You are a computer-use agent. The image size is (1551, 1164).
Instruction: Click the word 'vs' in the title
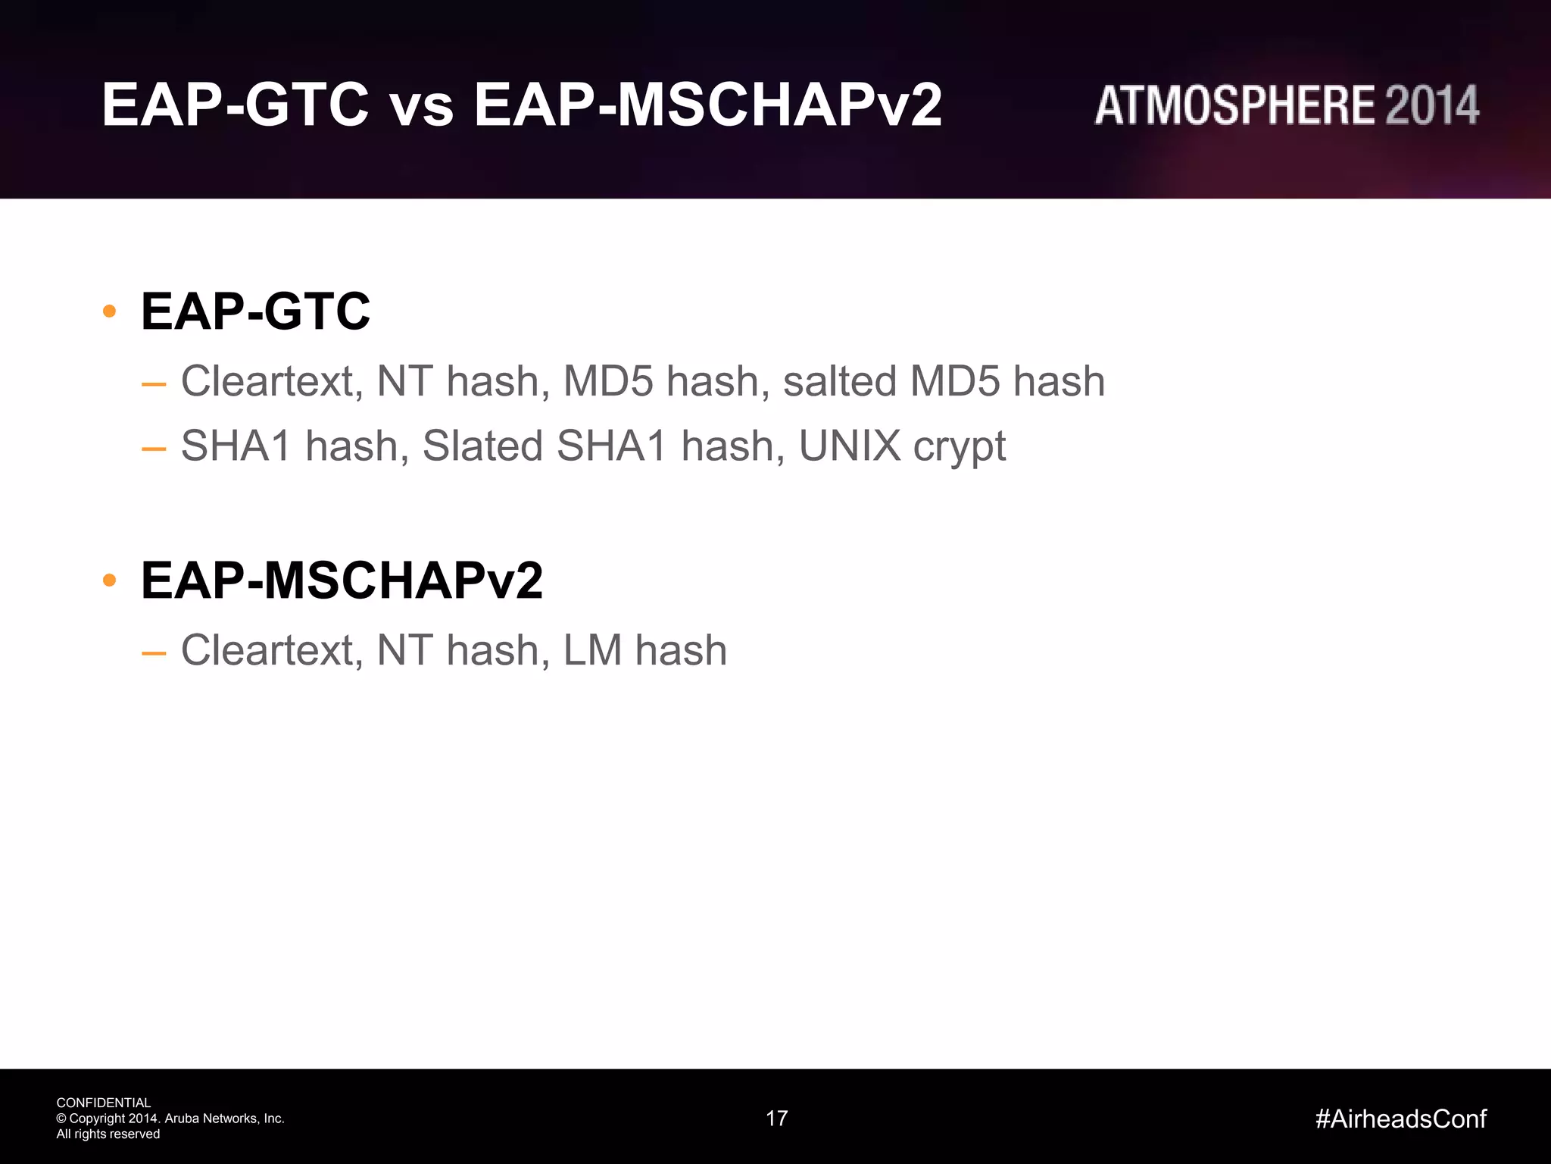pyautogui.click(x=422, y=106)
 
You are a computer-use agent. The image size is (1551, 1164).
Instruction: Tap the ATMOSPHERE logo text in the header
pyautogui.click(x=1234, y=105)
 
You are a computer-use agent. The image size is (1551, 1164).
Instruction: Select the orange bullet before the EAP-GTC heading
pyautogui.click(x=109, y=311)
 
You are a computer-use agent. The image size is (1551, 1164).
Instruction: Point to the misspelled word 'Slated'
pyautogui.click(x=482, y=446)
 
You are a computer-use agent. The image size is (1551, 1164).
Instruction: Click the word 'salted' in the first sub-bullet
pyautogui.click(x=839, y=380)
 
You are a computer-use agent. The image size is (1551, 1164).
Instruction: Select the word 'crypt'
pyautogui.click(x=959, y=447)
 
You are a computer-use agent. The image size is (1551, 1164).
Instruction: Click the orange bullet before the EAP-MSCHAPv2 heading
pyautogui.click(x=109, y=580)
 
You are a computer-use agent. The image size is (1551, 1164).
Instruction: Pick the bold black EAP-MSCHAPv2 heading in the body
pyautogui.click(x=342, y=580)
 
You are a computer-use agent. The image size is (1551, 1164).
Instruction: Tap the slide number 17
pyautogui.click(x=777, y=1119)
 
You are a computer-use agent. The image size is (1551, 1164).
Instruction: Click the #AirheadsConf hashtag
pyautogui.click(x=1400, y=1119)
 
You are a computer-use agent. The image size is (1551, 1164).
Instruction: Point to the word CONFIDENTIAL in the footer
pyautogui.click(x=104, y=1103)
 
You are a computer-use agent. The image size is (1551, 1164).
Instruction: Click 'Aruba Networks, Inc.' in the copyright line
pyautogui.click(x=224, y=1119)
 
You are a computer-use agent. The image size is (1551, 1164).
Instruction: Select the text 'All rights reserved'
pyautogui.click(x=108, y=1134)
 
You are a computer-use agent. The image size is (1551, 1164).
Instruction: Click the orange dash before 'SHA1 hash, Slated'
pyautogui.click(x=154, y=449)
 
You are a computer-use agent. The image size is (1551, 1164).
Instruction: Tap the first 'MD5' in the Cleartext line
pyautogui.click(x=607, y=380)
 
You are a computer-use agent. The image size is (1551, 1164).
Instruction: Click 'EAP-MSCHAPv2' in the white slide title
pyautogui.click(x=707, y=106)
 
